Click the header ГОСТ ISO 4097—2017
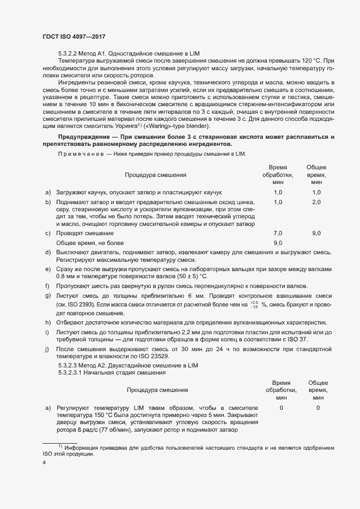tap(74, 36)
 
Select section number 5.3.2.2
tap(69, 53)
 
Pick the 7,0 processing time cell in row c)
tap(278, 233)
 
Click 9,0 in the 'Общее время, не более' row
tap(278, 243)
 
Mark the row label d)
tap(48, 253)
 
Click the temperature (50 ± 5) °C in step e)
tap(184, 277)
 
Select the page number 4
tap(44, 463)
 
